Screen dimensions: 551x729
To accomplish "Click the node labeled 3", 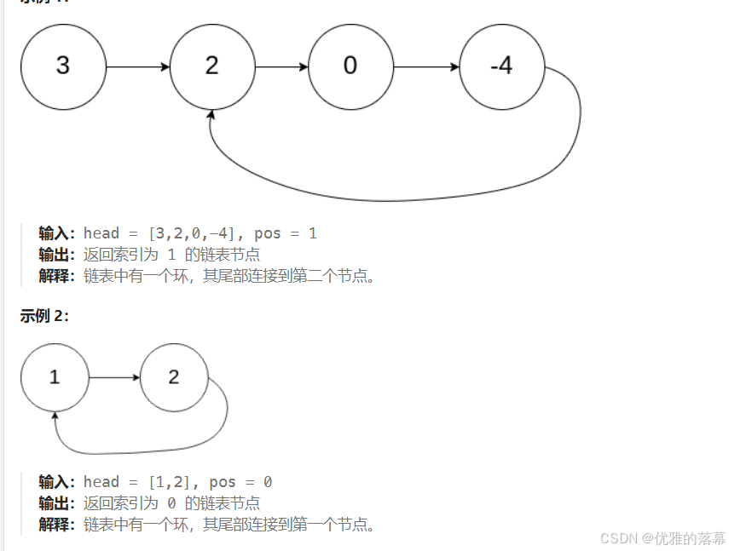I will click(x=63, y=66).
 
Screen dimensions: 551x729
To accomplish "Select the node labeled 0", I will click(x=350, y=66).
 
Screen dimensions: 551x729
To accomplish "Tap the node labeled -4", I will click(x=501, y=66).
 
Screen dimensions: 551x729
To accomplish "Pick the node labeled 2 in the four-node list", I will click(x=212, y=66).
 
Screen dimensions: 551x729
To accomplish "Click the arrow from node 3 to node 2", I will click(x=138, y=66).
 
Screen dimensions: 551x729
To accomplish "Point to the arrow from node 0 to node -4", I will click(x=426, y=66).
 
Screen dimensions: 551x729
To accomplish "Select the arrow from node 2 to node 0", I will click(x=281, y=66).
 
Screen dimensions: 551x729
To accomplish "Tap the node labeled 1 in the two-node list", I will click(x=55, y=377).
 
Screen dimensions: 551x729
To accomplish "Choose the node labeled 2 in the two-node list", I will click(x=174, y=377).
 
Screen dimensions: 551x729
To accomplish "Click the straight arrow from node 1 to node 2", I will click(x=114, y=377).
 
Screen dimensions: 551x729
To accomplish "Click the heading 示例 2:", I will click(x=44, y=316).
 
